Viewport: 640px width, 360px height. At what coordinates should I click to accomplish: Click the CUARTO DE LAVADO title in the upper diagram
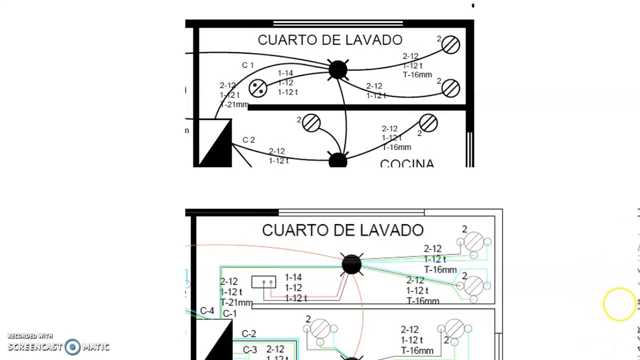329,40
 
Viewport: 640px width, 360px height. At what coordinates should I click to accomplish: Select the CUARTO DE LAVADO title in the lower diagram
342,230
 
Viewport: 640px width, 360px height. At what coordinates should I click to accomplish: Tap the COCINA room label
407,163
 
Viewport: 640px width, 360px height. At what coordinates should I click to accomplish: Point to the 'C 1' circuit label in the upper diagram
248,65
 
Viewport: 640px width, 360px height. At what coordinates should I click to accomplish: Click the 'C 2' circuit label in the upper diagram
248,140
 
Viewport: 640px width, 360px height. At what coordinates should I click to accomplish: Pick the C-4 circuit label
207,311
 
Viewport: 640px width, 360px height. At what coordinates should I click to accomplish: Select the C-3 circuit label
250,350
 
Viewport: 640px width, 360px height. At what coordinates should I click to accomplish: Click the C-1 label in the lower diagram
229,314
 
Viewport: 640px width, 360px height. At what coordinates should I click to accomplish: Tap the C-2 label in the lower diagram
248,333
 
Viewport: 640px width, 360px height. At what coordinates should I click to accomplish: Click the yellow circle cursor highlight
619,304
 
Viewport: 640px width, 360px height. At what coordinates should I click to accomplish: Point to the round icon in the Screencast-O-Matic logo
73,347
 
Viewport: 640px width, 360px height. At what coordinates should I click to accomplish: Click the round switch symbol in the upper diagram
258,88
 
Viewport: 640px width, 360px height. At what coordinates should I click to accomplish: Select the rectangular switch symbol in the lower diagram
263,282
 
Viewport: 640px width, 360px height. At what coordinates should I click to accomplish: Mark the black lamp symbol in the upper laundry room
338,70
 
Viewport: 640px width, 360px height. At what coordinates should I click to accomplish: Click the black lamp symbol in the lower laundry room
351,264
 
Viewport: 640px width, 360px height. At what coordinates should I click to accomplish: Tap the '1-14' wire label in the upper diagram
285,73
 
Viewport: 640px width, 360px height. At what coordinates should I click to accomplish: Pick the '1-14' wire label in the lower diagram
293,277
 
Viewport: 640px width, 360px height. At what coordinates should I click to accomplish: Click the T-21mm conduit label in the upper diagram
234,105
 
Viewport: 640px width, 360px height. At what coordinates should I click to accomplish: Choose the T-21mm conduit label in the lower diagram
236,302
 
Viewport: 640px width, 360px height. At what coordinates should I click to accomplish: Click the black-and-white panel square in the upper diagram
215,143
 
